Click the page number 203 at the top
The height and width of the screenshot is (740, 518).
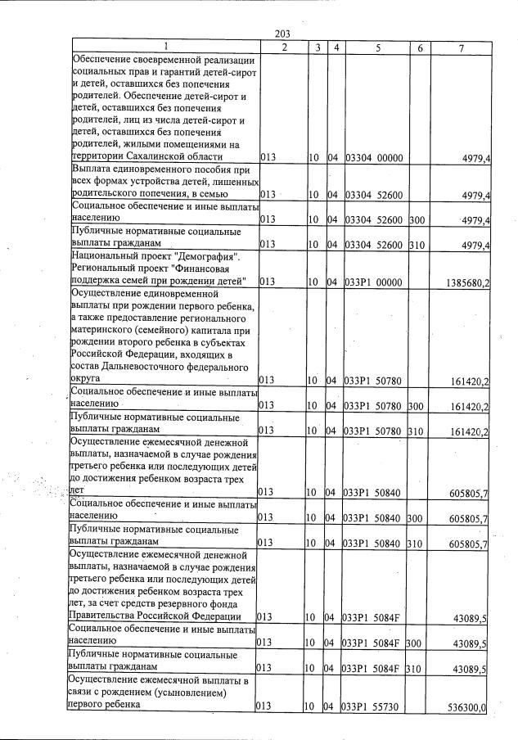click(282, 34)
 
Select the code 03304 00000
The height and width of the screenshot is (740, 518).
click(373, 157)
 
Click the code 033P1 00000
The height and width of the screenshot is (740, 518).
click(373, 282)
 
